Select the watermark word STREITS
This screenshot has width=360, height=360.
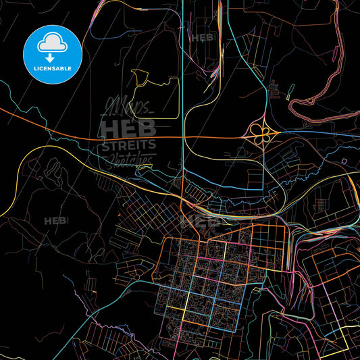tap(128, 145)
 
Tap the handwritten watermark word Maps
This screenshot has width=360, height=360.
tap(128, 107)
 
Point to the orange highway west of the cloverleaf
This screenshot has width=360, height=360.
tap(203, 136)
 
